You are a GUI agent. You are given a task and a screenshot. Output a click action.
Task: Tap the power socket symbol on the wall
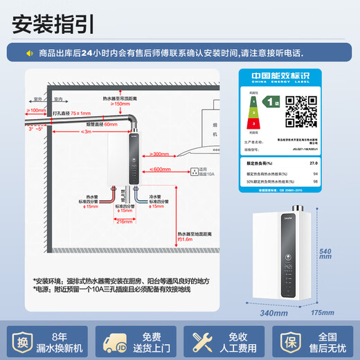coord(194,169)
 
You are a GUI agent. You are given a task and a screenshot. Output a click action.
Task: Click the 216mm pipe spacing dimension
coord(125,222)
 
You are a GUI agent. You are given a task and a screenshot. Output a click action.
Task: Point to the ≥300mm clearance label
coord(159,154)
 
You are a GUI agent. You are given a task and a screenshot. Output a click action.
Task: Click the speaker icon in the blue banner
coord(30,52)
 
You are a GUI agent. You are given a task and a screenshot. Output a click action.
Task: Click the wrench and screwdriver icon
coord(204,340)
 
